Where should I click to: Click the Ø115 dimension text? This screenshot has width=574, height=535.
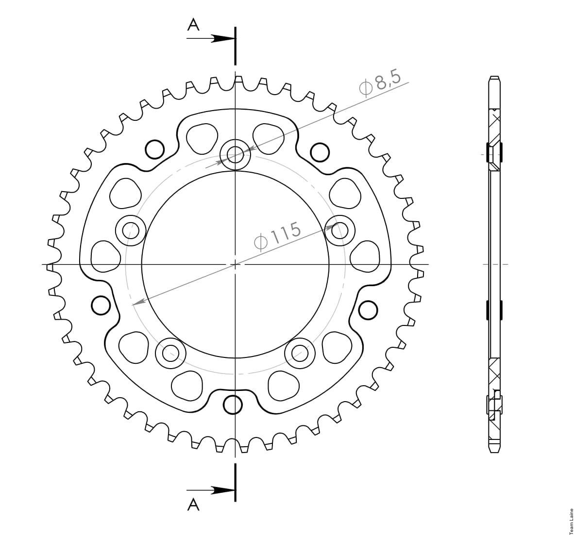pos(278,236)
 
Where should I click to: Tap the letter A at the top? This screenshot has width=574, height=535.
pos(193,25)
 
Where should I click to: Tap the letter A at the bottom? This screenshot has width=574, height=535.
pos(193,504)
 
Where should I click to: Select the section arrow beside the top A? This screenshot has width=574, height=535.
pos(210,38)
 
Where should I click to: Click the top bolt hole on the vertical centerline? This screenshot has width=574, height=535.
pos(236,155)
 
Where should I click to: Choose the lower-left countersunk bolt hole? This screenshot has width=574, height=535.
pos(170,353)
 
